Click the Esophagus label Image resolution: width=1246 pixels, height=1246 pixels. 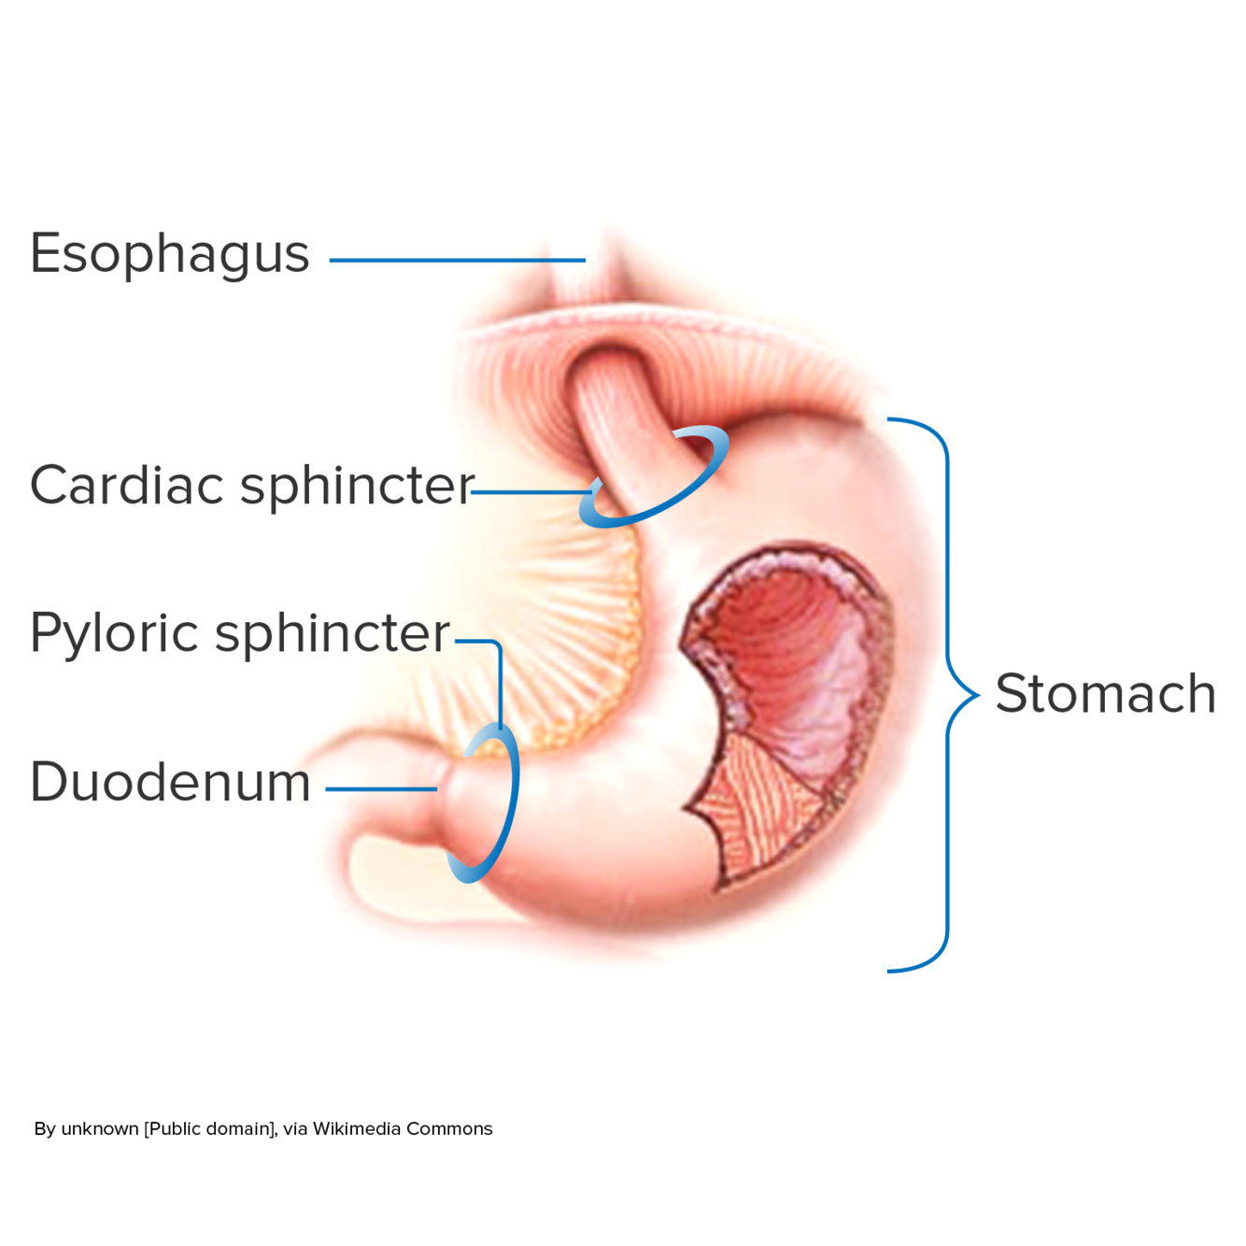pyautogui.click(x=169, y=254)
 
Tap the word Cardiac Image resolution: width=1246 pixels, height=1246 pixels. pyautogui.click(x=126, y=485)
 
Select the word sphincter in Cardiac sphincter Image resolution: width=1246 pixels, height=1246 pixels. pyautogui.click(x=357, y=487)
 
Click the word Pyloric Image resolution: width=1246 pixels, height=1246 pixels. pyautogui.click(x=113, y=633)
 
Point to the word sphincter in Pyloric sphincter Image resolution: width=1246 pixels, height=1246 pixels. pyautogui.click(x=333, y=634)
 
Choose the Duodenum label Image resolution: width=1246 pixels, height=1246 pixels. pyautogui.click(x=169, y=782)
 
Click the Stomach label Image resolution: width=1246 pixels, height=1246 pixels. pyautogui.click(x=1106, y=694)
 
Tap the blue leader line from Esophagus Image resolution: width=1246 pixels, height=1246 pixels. pyautogui.click(x=457, y=260)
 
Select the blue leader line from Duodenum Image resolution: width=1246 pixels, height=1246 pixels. pyautogui.click(x=381, y=789)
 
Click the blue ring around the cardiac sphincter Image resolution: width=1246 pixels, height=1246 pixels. pyautogui.click(x=710, y=467)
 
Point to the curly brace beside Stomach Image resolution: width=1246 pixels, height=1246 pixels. pyautogui.click(x=947, y=695)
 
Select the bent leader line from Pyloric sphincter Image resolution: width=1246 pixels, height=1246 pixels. pyautogui.click(x=500, y=682)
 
